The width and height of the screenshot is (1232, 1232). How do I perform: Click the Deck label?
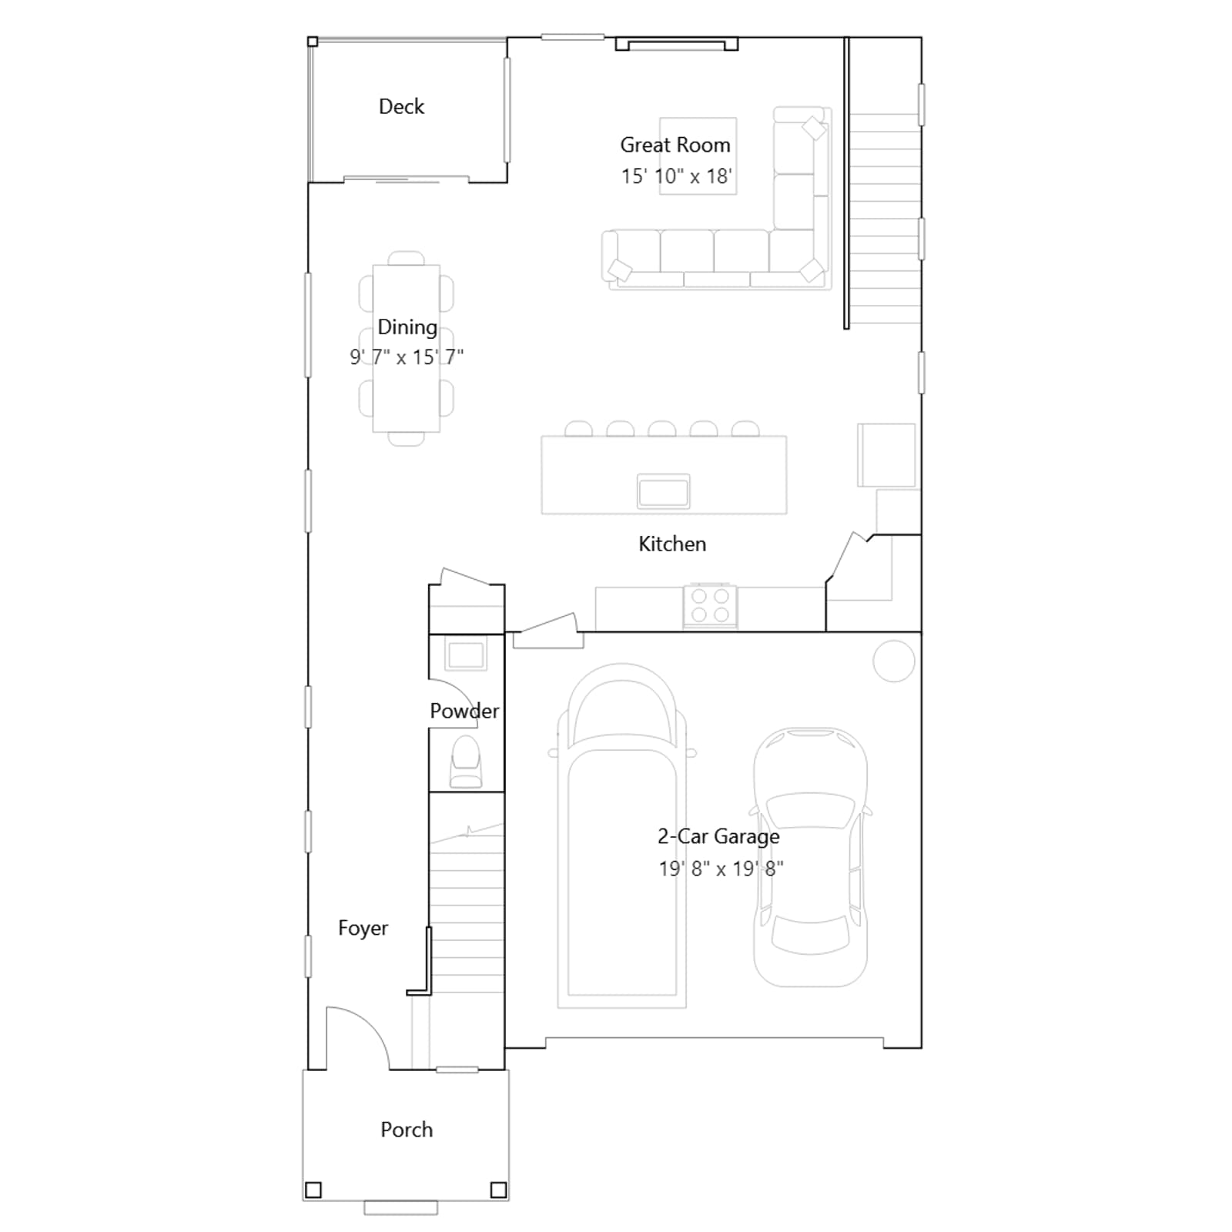point(401,106)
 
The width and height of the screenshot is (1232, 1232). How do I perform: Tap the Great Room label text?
point(675,145)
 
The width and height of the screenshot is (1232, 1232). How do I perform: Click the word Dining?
point(407,328)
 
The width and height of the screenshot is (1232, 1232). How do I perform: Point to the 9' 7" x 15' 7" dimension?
point(407,357)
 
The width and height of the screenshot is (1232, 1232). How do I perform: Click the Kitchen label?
point(672,544)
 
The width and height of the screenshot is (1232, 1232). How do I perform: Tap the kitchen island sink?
point(664,491)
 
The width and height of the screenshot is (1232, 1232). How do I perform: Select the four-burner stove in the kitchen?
point(710,605)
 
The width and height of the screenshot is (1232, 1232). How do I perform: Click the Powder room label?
point(464,711)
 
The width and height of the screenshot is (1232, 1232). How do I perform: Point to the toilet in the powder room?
point(466,762)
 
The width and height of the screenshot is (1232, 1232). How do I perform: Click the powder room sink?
point(466,655)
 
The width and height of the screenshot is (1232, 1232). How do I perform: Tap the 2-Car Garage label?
point(718,836)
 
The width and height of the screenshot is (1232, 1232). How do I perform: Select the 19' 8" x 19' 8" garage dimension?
point(721,869)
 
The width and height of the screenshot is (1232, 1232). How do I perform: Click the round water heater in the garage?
point(894,661)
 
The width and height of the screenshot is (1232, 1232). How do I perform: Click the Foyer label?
point(363,929)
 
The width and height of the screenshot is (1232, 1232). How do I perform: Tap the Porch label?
point(407,1130)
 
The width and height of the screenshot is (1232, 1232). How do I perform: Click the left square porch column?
point(313,1190)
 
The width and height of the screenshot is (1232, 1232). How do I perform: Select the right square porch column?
point(499,1190)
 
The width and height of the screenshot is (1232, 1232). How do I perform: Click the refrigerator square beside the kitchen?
point(887,455)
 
